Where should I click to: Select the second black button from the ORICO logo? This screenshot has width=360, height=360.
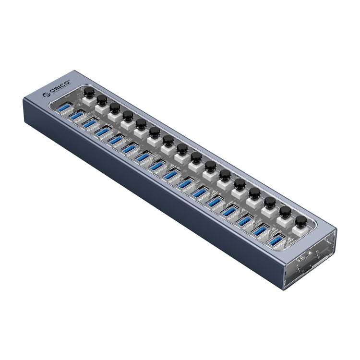102,99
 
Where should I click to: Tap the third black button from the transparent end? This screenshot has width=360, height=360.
270,202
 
